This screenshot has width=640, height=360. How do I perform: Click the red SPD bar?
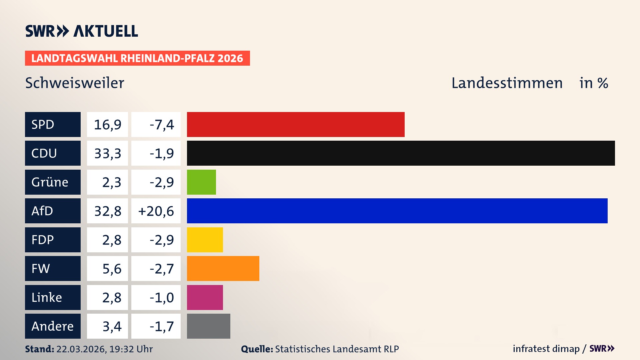point(296,124)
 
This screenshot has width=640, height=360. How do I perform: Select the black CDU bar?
point(401,153)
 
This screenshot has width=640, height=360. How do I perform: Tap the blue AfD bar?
point(397,211)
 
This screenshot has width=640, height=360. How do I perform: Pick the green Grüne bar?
point(201,182)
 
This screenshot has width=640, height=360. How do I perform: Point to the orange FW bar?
point(223,269)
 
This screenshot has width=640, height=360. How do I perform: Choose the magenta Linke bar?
point(205,297)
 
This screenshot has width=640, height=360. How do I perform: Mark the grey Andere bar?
point(208,326)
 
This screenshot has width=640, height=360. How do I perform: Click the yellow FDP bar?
point(205,240)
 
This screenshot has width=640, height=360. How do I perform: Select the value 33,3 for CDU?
point(108,153)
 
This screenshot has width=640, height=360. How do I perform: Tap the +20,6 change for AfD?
point(156,211)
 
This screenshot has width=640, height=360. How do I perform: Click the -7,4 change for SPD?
point(162,124)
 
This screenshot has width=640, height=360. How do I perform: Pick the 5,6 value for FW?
point(112,269)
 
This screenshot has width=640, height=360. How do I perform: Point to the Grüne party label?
point(50,182)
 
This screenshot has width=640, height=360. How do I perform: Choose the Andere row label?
point(53,326)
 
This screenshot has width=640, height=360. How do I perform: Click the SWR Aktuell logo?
point(82,31)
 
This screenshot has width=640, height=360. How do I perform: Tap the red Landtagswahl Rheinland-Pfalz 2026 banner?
point(137,58)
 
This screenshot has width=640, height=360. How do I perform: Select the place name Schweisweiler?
point(75,83)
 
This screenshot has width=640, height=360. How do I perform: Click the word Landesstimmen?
point(507,83)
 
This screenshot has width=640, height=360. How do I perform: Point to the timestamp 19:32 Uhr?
point(131,349)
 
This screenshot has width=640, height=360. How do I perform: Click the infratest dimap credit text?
point(546,349)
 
